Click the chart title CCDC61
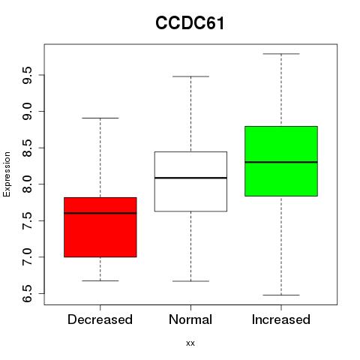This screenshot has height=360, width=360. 190,23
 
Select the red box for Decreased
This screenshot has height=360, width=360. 100,227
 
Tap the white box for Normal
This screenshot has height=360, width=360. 190,181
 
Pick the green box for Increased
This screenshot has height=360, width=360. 281,161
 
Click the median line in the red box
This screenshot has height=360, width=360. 100,213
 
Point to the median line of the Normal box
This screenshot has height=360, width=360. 190,178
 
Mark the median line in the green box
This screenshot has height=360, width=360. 281,162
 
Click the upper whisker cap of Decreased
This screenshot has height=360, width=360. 100,118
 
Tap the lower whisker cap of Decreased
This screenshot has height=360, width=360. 100,280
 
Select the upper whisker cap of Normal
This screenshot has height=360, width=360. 190,76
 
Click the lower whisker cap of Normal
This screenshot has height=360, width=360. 190,281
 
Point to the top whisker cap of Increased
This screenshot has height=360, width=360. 281,54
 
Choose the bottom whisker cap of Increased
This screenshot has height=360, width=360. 281,295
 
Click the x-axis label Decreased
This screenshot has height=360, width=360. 100,319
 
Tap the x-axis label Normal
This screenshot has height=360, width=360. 190,319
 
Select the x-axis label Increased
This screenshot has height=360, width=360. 281,319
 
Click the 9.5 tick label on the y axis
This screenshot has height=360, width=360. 27,75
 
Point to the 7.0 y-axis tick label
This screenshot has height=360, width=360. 27,257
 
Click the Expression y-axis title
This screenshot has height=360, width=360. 7,174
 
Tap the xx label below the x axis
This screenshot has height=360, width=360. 190,343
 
